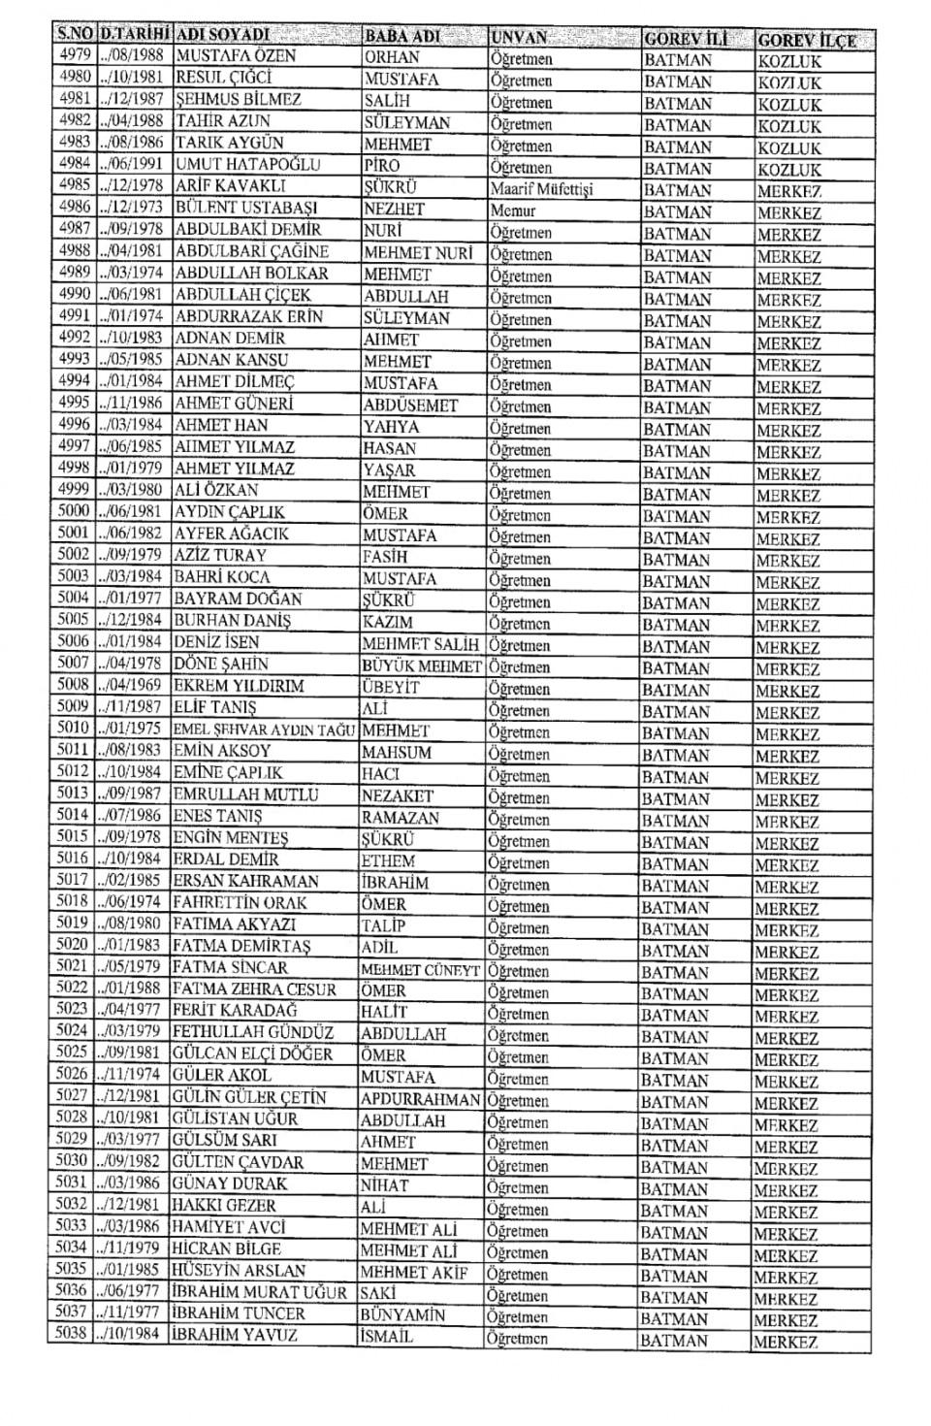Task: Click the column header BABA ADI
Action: pos(401,37)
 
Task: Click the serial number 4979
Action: pos(74,55)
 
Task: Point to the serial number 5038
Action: pos(72,1334)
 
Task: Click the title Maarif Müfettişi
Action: pos(541,189)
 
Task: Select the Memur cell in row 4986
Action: pos(513,211)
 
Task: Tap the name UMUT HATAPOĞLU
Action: pos(247,164)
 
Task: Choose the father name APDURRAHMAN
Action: pos(420,1099)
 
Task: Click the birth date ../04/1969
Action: pos(131,685)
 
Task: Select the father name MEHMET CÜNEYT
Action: pos(421,970)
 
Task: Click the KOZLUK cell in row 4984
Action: pos(788,170)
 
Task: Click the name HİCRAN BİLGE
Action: pos(226,1248)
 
